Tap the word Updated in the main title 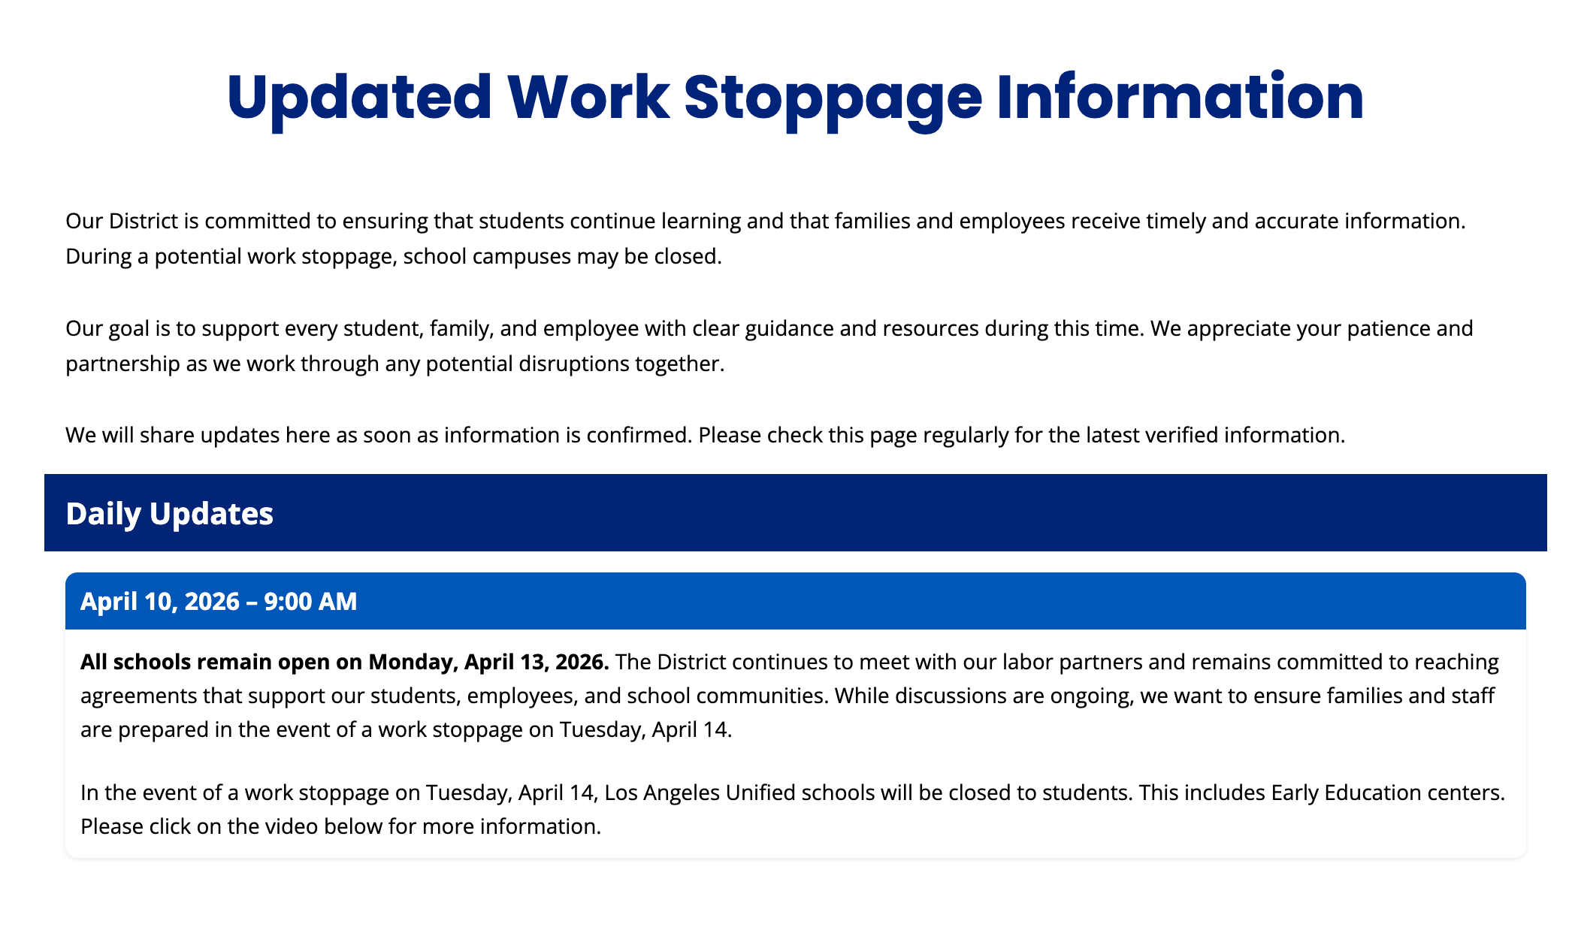tap(359, 98)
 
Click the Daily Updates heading tap(169, 514)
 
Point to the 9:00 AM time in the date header tap(310, 602)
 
